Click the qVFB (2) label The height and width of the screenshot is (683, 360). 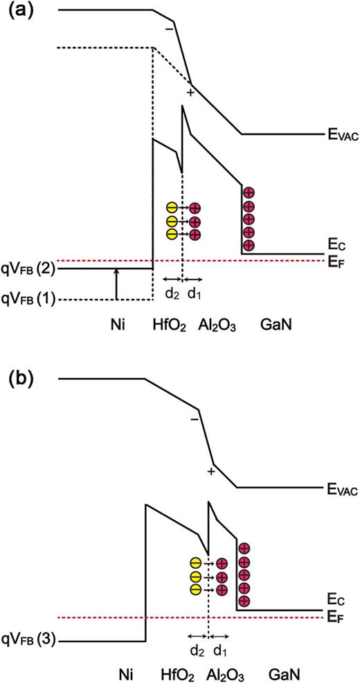pos(30,268)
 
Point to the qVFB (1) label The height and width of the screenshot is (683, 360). pos(30,299)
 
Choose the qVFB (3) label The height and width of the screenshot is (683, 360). pos(30,641)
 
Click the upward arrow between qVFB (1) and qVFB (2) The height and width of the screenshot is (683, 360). pos(116,284)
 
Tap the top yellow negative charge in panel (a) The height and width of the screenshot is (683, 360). pos(171,208)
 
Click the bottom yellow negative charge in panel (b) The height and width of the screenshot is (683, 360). pos(197,588)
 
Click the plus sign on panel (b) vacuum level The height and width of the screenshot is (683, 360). pos(210,472)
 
